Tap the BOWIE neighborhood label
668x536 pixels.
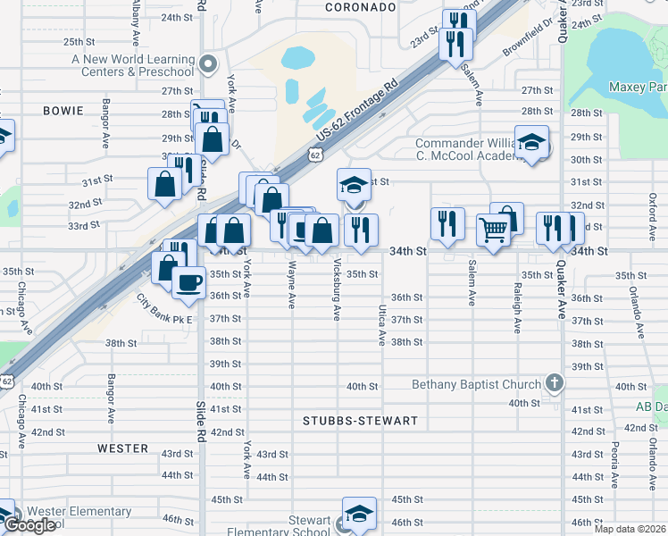[63, 111]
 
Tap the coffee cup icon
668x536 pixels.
[188, 282]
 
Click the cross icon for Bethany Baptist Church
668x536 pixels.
[554, 384]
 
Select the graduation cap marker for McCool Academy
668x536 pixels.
[531, 144]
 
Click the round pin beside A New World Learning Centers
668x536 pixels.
[208, 63]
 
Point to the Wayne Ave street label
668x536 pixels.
[292, 285]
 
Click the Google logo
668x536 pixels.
[29, 526]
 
